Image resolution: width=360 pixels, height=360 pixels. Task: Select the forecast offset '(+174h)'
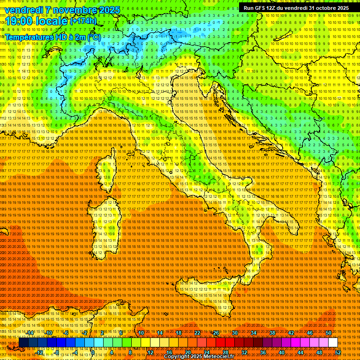(83, 21)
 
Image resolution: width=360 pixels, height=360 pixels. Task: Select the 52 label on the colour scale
(337, 352)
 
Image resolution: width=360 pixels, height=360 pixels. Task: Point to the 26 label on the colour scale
(216, 333)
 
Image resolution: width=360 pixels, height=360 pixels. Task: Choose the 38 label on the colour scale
(272, 333)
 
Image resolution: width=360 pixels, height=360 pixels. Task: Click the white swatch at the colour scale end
(333, 343)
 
